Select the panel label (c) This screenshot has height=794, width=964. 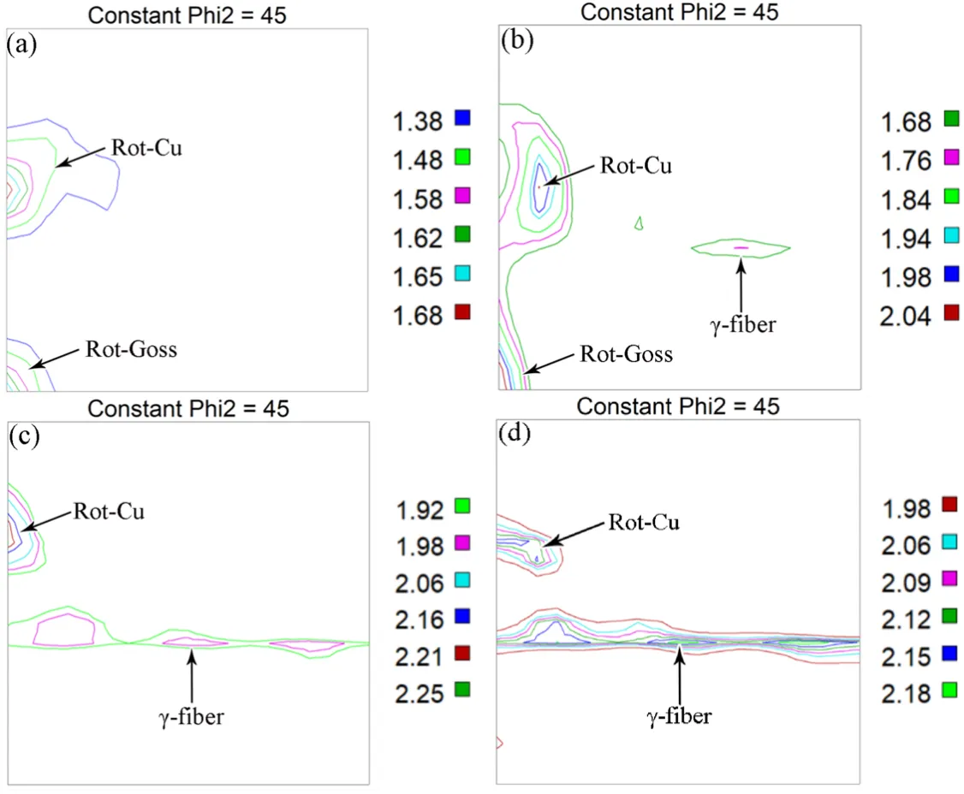pos(22,436)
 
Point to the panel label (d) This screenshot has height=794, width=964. pos(515,435)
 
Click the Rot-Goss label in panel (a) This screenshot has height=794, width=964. pos(131,349)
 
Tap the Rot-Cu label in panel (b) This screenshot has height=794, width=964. pos(635,165)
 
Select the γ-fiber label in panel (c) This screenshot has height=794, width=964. pos(190,717)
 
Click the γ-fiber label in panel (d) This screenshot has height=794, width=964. pos(679,716)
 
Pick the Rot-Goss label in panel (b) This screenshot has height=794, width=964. pos(626,354)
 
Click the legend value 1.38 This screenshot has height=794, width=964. pos(419,121)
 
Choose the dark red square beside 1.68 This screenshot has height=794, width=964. pos(462,311)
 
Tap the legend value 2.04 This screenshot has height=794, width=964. pos(907,313)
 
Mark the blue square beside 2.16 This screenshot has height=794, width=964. pos(462,615)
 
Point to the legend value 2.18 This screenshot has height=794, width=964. pos(905,693)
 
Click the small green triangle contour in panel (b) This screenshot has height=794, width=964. pos(639,223)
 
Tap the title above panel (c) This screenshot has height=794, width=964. pos(188,408)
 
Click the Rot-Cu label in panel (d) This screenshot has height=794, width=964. pos(643,521)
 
